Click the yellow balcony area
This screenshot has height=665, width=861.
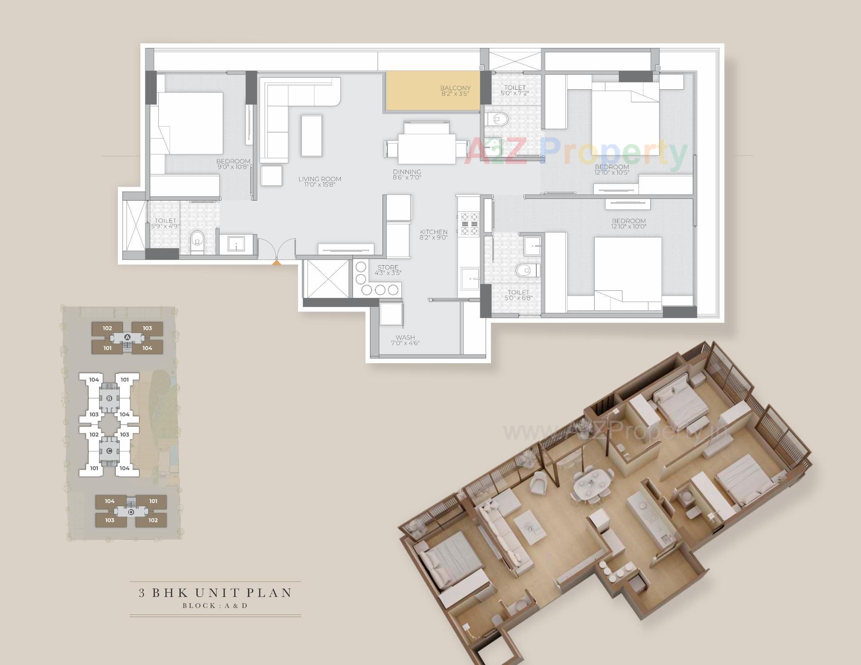pyautogui.click(x=432, y=92)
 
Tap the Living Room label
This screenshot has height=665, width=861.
pyautogui.click(x=320, y=179)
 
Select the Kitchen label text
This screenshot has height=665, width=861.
pyautogui.click(x=434, y=232)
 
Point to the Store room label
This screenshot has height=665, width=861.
pyautogui.click(x=388, y=267)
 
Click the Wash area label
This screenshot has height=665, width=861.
pyautogui.click(x=405, y=337)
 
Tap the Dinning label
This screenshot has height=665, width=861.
pyautogui.click(x=407, y=172)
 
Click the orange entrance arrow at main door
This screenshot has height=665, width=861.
pyautogui.click(x=277, y=263)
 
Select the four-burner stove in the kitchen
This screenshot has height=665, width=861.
pyautogui.click(x=469, y=223)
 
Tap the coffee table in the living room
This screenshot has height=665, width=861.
pyautogui.click(x=312, y=136)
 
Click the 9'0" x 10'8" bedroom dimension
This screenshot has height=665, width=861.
pyautogui.click(x=233, y=167)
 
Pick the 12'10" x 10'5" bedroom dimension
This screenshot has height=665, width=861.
pyautogui.click(x=612, y=172)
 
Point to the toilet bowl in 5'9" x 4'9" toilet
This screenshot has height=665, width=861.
pyautogui.click(x=197, y=240)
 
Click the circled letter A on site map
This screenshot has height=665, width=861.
pyautogui.click(x=127, y=337)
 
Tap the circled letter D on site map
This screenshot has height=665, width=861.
pyautogui.click(x=131, y=512)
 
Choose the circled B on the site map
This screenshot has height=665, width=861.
pyautogui.click(x=109, y=398)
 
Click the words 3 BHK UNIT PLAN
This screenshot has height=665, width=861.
pyautogui.click(x=215, y=593)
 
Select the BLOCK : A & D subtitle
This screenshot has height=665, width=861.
pyautogui.click(x=215, y=605)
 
